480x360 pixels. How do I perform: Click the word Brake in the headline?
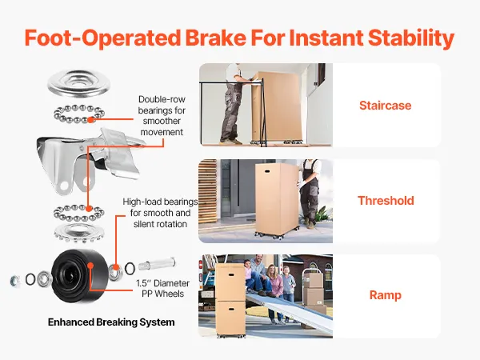tap(215, 38)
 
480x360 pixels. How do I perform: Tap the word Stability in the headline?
tap(411, 38)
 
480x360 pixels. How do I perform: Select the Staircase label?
tap(386, 106)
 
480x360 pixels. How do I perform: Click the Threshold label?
tap(386, 201)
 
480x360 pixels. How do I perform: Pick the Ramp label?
tap(386, 295)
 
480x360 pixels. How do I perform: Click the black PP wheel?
tap(80, 276)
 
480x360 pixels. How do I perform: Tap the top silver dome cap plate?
tap(78, 82)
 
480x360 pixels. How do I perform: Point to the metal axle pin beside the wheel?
tap(157, 263)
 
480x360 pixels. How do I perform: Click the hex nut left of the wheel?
tap(14, 280)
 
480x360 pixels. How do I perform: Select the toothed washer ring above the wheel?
tap(79, 232)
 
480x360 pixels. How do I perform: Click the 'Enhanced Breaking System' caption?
tap(111, 322)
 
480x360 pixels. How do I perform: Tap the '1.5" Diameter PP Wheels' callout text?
tap(162, 288)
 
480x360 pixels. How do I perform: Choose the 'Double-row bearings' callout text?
tap(162, 116)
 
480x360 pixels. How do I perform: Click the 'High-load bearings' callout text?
tap(160, 213)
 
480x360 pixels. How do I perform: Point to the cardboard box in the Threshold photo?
tap(277, 199)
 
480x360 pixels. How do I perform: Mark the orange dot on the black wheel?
tap(90, 265)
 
